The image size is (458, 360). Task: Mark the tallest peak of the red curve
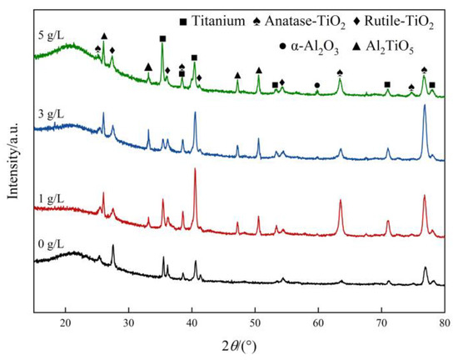[x=195, y=170]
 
